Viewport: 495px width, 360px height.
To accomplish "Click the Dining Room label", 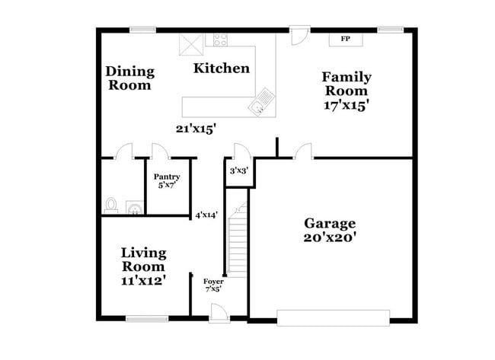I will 129,78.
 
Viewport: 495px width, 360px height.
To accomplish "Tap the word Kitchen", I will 221,68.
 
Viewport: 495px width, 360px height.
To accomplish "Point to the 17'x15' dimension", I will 346,105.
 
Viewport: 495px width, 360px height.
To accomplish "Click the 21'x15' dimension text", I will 196,129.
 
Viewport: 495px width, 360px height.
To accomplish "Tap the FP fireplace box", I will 345,39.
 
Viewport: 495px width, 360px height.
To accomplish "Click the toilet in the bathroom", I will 111,205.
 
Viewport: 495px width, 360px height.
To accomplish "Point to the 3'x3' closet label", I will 238,171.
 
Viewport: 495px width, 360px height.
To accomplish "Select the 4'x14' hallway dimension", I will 206,215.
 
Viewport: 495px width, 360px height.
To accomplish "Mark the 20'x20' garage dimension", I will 330,237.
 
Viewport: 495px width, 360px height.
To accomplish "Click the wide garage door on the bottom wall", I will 332,316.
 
